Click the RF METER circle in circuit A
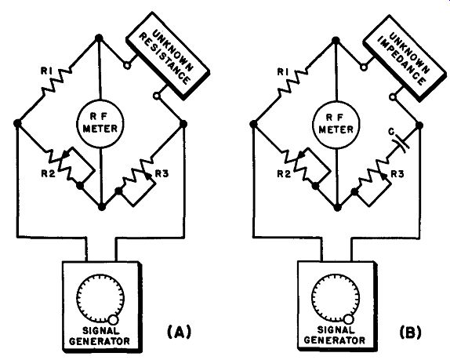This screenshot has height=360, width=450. click(100, 124)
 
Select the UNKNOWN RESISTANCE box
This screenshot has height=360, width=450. click(168, 56)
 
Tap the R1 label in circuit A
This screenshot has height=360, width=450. click(46, 71)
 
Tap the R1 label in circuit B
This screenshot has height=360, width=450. click(282, 72)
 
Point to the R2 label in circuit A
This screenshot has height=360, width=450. click(49, 173)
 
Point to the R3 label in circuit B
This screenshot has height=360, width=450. click(397, 174)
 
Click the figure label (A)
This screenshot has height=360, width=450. click(179, 332)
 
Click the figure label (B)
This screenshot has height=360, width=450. click(411, 332)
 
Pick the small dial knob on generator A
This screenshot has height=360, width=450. click(113, 320)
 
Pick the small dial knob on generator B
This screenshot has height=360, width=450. click(349, 319)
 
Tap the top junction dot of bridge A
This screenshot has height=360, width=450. click(99, 38)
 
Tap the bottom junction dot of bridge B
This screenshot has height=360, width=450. click(338, 207)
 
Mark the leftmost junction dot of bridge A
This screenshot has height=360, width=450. click(17, 123)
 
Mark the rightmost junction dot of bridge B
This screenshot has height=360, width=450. click(419, 125)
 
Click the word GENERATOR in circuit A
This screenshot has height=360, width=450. click(100, 341)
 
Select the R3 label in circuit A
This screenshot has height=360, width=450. click(161, 173)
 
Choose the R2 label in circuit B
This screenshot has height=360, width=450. click(284, 174)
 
